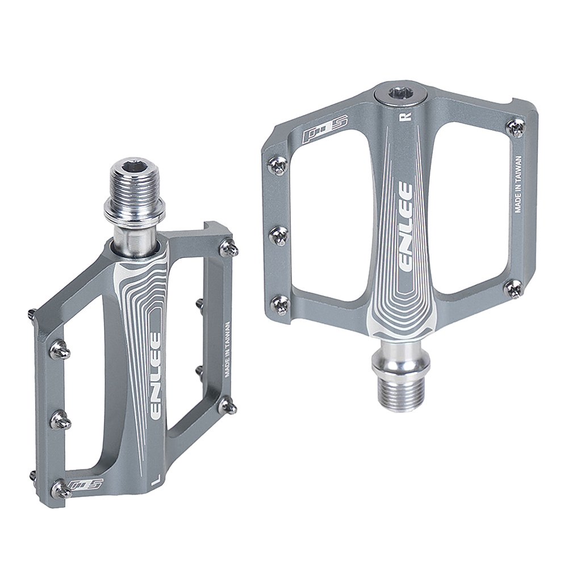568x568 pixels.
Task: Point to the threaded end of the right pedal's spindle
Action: (x=397, y=395)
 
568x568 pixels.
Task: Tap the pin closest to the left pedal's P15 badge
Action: (x=61, y=487)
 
